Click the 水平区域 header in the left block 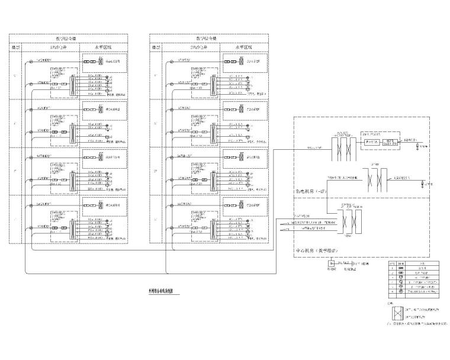point(104,46)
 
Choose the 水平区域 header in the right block point(242,46)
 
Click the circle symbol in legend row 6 point(393,291)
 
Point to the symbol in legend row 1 point(393,268)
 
